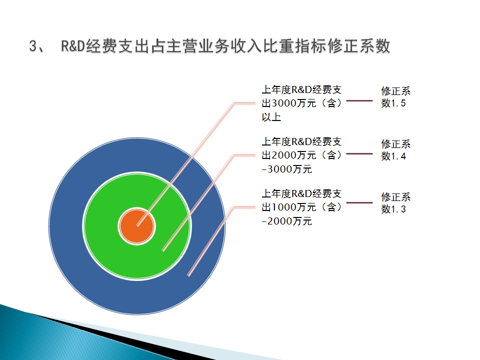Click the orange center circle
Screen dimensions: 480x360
[137, 226]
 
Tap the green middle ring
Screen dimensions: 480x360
[101, 226]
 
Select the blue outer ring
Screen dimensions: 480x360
[66, 226]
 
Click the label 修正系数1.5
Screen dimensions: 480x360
[396, 96]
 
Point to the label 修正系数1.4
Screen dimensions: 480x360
[396, 150]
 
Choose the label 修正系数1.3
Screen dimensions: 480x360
[396, 202]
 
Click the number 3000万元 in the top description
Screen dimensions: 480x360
[293, 103]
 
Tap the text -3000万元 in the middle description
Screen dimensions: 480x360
[287, 169]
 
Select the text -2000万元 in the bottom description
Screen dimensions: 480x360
[287, 221]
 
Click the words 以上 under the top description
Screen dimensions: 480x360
[271, 117]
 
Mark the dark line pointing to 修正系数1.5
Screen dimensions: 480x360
[359, 100]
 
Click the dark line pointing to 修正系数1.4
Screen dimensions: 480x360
[359, 153]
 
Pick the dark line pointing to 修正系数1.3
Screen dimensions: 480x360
[359, 202]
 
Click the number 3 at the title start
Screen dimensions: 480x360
[33, 46]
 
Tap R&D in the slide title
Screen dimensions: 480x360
[73, 46]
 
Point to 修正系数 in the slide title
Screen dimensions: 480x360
[359, 46]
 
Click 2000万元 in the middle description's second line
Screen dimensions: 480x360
[293, 155]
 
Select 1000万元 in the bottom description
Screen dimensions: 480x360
[293, 207]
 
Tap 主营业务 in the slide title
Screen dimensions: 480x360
[198, 46]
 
